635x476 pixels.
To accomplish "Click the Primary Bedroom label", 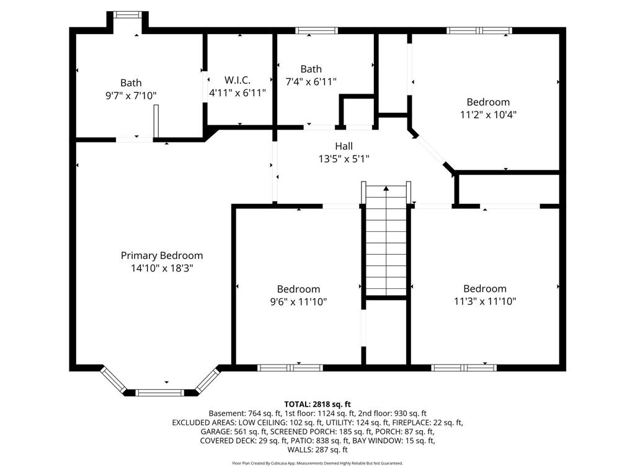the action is tap(162, 255).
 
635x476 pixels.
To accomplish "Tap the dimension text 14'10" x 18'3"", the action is tap(162, 268).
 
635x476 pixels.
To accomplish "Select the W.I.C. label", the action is tap(238, 80).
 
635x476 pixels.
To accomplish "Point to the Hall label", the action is tap(344, 146).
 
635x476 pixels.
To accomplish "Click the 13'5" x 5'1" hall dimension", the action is tap(344, 159).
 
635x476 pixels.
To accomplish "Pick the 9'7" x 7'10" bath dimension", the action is tap(131, 95).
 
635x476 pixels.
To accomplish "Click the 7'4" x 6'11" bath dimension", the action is tap(311, 82).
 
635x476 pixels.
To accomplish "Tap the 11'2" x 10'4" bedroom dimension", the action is tap(488, 115).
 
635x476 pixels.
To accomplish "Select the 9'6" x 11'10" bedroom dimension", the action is tap(298, 302).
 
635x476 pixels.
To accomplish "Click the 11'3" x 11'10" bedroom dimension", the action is tap(485, 301).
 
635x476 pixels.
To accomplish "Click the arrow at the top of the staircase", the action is tap(386, 188).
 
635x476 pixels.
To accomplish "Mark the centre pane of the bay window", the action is tap(159, 392).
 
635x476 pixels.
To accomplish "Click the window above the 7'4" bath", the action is tap(316, 30).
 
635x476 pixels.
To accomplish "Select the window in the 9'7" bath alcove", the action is tap(128, 15).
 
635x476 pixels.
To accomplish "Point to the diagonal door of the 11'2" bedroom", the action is tap(431, 150).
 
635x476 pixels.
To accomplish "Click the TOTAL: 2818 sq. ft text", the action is tap(317, 404).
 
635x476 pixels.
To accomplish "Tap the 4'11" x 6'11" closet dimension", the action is tap(238, 93).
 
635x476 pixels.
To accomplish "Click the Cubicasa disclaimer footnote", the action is tap(317, 463).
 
